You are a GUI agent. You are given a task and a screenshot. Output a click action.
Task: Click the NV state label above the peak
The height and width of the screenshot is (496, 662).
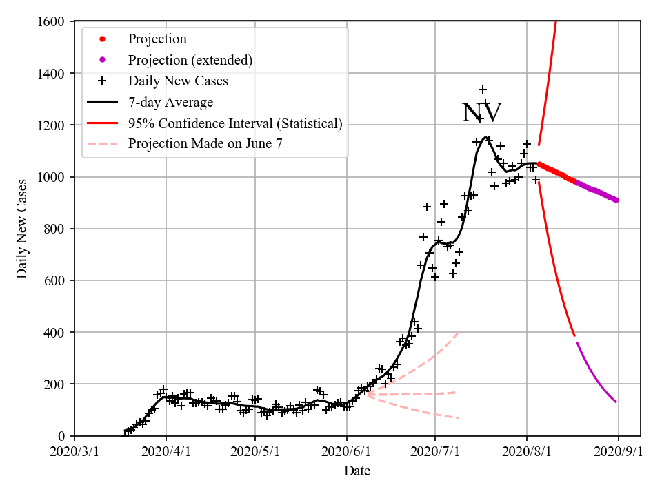tap(481, 113)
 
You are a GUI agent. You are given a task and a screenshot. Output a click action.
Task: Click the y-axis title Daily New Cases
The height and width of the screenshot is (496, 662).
tap(23, 229)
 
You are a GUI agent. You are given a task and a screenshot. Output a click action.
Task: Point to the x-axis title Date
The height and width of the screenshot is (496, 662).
tap(357, 471)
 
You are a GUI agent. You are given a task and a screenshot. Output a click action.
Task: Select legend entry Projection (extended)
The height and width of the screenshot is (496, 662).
tap(190, 60)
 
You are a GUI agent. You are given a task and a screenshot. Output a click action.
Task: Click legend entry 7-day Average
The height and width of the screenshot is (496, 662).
tap(170, 102)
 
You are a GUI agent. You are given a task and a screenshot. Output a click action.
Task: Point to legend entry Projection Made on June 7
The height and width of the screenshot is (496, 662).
tap(205, 144)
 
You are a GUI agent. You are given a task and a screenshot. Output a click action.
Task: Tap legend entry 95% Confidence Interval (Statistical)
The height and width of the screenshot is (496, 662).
tap(235, 123)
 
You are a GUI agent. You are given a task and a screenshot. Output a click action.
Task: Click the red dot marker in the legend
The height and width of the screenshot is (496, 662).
tap(102, 39)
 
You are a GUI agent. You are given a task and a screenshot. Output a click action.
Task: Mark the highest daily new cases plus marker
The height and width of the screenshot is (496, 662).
tap(483, 90)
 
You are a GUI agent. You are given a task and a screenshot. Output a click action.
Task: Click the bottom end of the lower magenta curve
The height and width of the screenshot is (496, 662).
tap(616, 402)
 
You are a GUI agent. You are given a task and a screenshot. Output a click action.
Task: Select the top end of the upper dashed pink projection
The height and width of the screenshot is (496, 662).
tap(459, 333)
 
